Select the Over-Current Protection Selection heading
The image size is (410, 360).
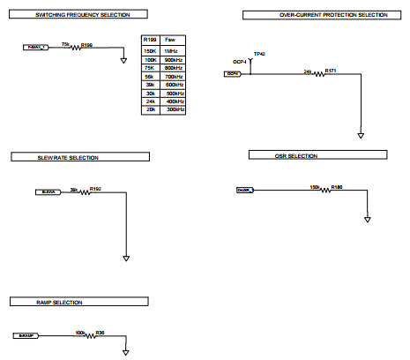coord(321,15)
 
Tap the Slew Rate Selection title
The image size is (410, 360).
coord(66,157)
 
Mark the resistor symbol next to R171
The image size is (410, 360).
coord(317,74)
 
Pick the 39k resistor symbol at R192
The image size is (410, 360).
coord(84,191)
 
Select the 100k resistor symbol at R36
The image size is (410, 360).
coord(89,335)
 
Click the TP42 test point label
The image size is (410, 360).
coord(259,54)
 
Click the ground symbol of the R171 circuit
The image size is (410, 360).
coord(361,135)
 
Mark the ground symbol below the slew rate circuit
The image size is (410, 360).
coord(126,259)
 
